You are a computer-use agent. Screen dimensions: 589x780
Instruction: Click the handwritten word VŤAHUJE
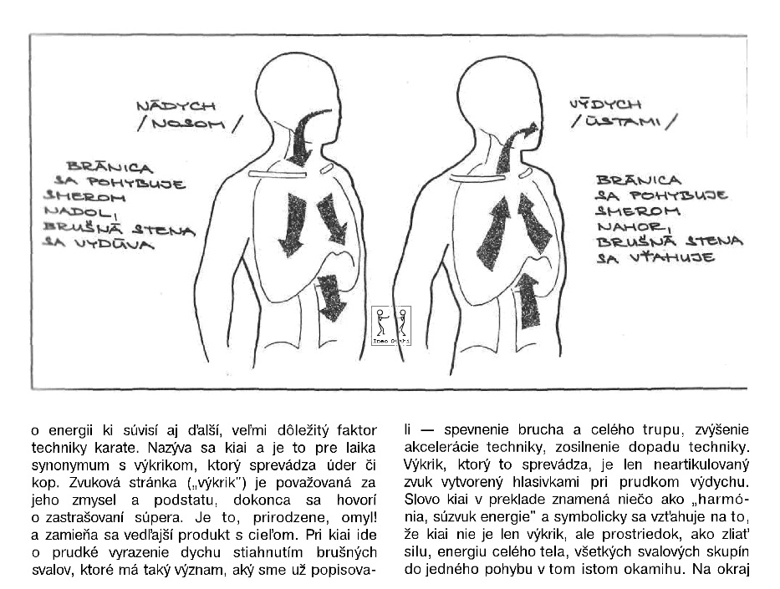coord(659,257)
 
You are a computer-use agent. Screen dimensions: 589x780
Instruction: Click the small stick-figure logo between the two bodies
coord(391,321)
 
